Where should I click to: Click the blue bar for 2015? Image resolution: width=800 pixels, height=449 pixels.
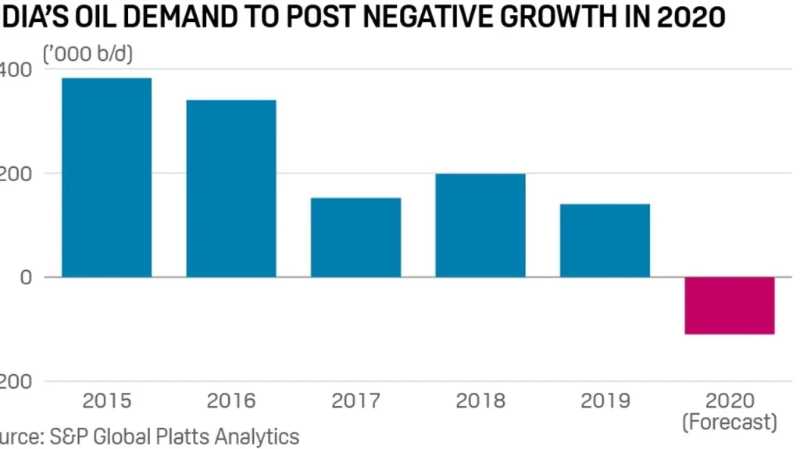pos(106,177)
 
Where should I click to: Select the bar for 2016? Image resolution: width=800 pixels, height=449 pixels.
pos(230,188)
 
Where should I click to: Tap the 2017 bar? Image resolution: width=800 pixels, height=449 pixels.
pos(355,237)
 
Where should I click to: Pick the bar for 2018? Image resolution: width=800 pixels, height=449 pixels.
pos(480,225)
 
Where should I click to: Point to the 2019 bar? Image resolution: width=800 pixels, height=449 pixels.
pos(605,241)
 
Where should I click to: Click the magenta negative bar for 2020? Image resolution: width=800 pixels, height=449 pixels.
pos(729,305)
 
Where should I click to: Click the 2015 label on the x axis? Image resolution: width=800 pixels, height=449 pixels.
pos(106,401)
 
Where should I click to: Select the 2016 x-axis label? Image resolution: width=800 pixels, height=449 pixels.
pos(230,401)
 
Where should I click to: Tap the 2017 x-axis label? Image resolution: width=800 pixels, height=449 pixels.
pos(355,401)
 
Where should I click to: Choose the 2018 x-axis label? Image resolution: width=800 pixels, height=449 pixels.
pos(480,401)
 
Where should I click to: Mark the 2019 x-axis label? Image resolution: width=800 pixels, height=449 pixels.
pos(605,401)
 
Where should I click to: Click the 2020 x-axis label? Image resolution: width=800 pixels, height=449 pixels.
pos(729,401)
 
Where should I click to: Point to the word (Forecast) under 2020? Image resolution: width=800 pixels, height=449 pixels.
pos(729,422)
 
